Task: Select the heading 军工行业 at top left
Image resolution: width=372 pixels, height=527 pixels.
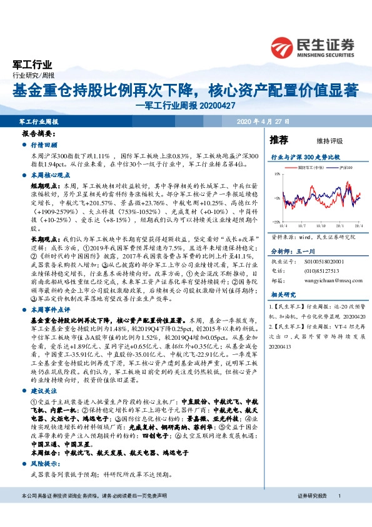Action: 33,64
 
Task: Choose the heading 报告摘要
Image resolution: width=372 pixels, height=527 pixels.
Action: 39,135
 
